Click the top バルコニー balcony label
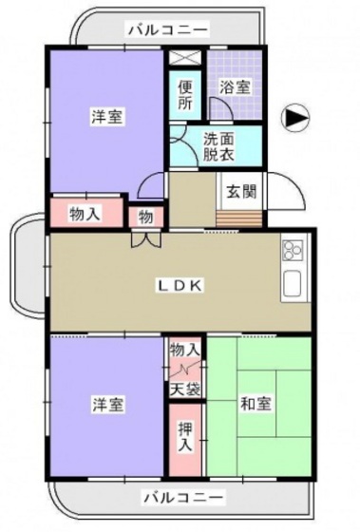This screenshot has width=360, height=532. click(162, 30)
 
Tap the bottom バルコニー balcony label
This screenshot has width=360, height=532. click(182, 497)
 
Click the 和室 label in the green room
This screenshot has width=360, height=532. click(257, 404)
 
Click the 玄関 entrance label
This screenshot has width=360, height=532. click(239, 190)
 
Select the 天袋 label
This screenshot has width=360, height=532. click(186, 388)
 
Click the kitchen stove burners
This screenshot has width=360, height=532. click(292, 252)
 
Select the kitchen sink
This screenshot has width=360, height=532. click(292, 283)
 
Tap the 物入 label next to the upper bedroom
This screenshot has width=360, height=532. click(85, 215)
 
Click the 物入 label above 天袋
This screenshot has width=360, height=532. click(186, 351)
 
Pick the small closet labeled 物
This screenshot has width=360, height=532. click(146, 217)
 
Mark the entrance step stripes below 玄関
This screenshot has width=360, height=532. click(239, 219)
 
